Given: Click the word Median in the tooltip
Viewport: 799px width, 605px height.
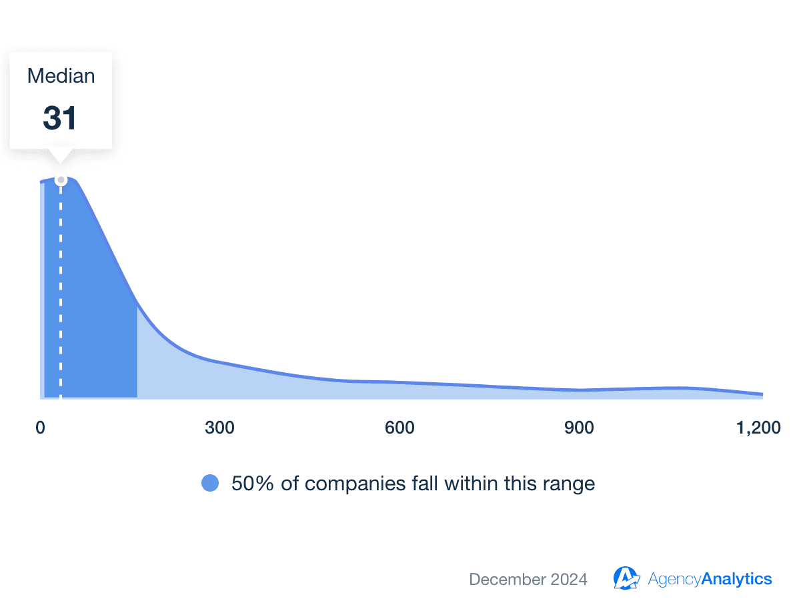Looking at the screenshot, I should point(61,76).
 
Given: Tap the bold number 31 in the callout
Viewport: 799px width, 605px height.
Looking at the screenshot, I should point(60,118).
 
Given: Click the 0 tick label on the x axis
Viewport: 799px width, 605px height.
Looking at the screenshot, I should point(41,428).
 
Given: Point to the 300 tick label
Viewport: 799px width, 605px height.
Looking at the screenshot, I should point(220,428).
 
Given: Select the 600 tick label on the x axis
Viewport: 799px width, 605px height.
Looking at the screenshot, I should point(399,428).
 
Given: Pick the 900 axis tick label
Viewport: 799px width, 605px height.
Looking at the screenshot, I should point(579,428).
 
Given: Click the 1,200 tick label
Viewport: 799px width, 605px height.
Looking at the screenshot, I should point(758,428).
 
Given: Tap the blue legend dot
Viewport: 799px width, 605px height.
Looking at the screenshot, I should point(210,483).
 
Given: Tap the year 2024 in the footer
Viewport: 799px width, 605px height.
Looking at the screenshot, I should point(569,579).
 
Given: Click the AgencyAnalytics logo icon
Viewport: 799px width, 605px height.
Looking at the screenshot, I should point(626,578).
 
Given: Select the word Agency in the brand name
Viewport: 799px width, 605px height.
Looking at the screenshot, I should point(674,579).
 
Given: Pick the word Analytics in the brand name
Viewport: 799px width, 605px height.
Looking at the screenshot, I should point(737,579).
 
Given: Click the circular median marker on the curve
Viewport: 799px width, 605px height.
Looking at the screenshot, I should point(61,180).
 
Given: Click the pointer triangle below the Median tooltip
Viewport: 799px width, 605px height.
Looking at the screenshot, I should point(61,156).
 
